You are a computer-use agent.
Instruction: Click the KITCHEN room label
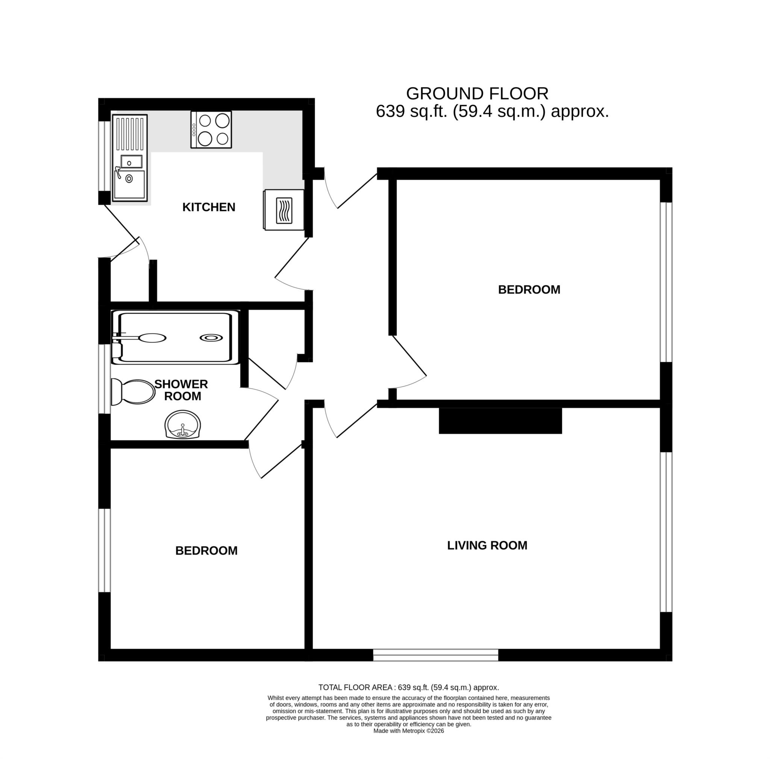[x=208, y=207]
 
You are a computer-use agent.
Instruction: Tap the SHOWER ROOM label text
[x=181, y=390]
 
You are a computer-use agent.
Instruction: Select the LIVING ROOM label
[x=487, y=545]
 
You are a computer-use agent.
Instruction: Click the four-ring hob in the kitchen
[x=211, y=129]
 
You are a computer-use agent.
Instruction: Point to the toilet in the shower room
[x=133, y=392]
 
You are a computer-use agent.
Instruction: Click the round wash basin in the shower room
[x=182, y=425]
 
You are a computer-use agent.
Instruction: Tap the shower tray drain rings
[x=211, y=338]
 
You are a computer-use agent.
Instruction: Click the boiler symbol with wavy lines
[x=284, y=210]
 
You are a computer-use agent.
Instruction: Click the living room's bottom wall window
[x=436, y=655]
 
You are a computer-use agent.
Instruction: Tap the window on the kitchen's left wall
[x=105, y=156]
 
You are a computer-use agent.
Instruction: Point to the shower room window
[x=105, y=379]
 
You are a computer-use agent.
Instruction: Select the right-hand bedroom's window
[x=665, y=282]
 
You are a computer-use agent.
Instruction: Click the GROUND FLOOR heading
[x=477, y=94]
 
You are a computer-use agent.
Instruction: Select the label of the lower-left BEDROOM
[x=206, y=551]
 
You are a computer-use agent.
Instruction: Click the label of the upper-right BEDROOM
[x=529, y=289]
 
